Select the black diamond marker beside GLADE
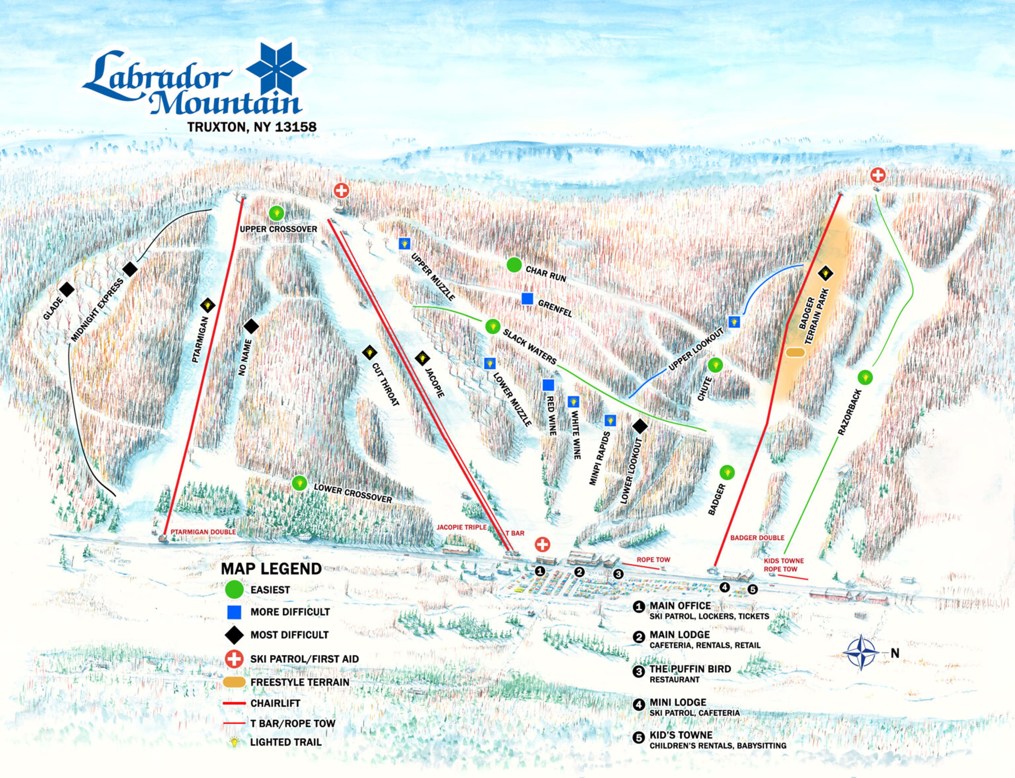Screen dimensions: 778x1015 [x=67, y=290]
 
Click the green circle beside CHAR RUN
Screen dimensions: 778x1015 [x=514, y=265]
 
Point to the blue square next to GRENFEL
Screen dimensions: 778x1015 [x=527, y=299]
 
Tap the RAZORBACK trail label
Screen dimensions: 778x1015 [x=850, y=412]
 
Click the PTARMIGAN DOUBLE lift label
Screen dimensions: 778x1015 [x=203, y=532]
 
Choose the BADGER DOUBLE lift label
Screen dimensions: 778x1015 [x=757, y=538]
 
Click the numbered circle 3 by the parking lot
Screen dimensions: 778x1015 [x=618, y=574]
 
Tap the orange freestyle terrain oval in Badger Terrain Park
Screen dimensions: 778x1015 [x=795, y=352]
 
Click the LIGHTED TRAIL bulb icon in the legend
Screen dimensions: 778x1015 [x=234, y=742]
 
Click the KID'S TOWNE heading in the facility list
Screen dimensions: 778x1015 [x=680, y=735]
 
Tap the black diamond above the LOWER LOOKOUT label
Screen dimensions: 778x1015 [x=640, y=426]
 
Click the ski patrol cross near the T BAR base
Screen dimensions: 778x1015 [x=542, y=544]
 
